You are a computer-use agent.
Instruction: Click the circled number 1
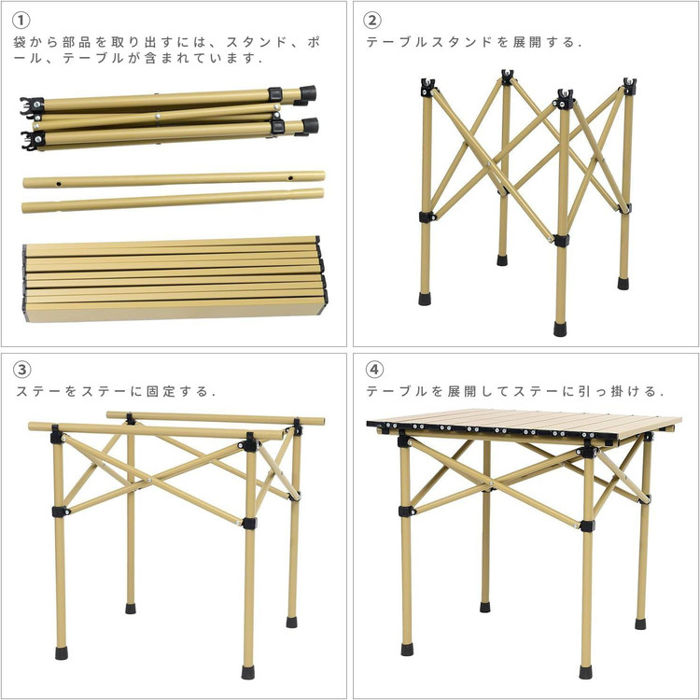[21, 21]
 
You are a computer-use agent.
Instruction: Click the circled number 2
[372, 21]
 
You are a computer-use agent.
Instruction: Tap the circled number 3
[21, 370]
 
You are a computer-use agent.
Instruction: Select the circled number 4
[374, 370]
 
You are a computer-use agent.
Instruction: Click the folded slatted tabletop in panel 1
[175, 278]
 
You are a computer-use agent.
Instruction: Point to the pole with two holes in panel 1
[174, 179]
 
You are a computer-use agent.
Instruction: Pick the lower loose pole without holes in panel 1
[173, 201]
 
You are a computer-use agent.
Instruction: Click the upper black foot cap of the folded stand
[308, 93]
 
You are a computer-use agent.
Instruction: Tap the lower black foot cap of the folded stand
[310, 126]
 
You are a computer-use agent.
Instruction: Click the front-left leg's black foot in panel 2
[425, 299]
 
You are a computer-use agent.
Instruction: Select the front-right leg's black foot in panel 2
[560, 329]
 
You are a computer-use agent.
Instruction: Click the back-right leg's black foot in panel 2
[623, 284]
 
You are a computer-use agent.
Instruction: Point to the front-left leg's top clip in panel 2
[428, 87]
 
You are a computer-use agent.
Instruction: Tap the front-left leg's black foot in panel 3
[62, 652]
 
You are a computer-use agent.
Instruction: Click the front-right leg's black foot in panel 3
[247, 672]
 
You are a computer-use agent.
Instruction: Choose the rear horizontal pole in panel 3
[216, 418]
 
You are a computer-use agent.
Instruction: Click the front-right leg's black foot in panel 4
[586, 672]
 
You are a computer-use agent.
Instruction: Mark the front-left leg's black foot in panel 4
[407, 649]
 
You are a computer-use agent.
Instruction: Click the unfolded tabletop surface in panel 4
[525, 422]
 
